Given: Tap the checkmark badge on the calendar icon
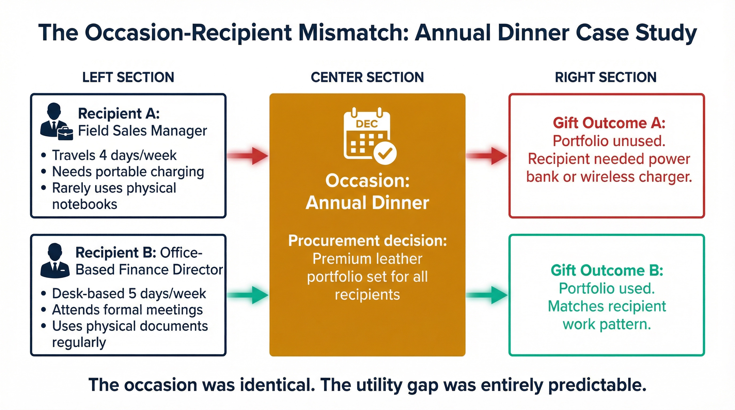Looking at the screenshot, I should pyautogui.click(x=385, y=154).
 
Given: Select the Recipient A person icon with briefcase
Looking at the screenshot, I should pyautogui.click(x=56, y=121).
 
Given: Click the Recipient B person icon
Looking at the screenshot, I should pyautogui.click(x=55, y=261).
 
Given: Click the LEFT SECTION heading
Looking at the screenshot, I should pyautogui.click(x=128, y=77).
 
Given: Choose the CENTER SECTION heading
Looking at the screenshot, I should pyautogui.click(x=367, y=77).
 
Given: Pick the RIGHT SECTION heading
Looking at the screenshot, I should pyautogui.click(x=606, y=77).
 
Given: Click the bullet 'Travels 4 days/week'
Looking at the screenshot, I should pyautogui.click(x=114, y=155).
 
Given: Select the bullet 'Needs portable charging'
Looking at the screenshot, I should pyautogui.click(x=128, y=172).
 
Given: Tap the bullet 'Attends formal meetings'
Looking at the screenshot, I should pyautogui.click(x=127, y=310).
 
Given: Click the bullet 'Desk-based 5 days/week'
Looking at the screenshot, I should pyautogui.click(x=129, y=293).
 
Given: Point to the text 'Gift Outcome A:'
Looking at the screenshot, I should pyautogui.click(x=609, y=123).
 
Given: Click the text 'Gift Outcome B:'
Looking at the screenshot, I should pyautogui.click(x=607, y=270).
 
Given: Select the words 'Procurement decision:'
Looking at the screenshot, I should pyautogui.click(x=367, y=241).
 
